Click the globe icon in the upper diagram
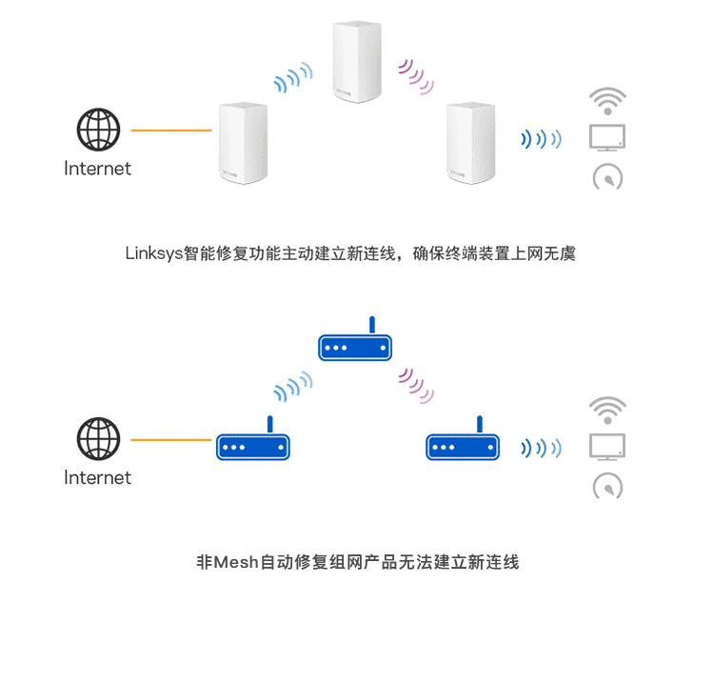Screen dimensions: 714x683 pos(98,130)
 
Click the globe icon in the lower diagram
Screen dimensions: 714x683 pos(98,439)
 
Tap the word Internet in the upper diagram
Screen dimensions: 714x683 pos(97,169)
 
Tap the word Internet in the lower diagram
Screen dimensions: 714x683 pos(97,478)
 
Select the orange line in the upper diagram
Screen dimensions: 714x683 pos(171,131)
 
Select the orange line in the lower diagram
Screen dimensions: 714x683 pos(171,440)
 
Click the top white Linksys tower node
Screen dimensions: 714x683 pos(357,62)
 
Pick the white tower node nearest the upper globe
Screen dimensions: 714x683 pos(243,143)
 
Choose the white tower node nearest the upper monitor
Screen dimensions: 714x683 pos(471,143)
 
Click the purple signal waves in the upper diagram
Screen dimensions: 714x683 pos(416,76)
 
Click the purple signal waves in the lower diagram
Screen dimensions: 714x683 pos(416,386)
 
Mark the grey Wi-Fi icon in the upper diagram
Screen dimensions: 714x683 pos(607,101)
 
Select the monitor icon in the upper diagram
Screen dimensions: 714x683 pos(607,137)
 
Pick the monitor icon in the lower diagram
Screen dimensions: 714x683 pos(607,447)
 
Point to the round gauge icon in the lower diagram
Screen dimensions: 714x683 pos(607,486)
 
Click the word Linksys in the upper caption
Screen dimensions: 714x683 pos(154,253)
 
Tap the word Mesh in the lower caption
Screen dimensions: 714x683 pos(236,562)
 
